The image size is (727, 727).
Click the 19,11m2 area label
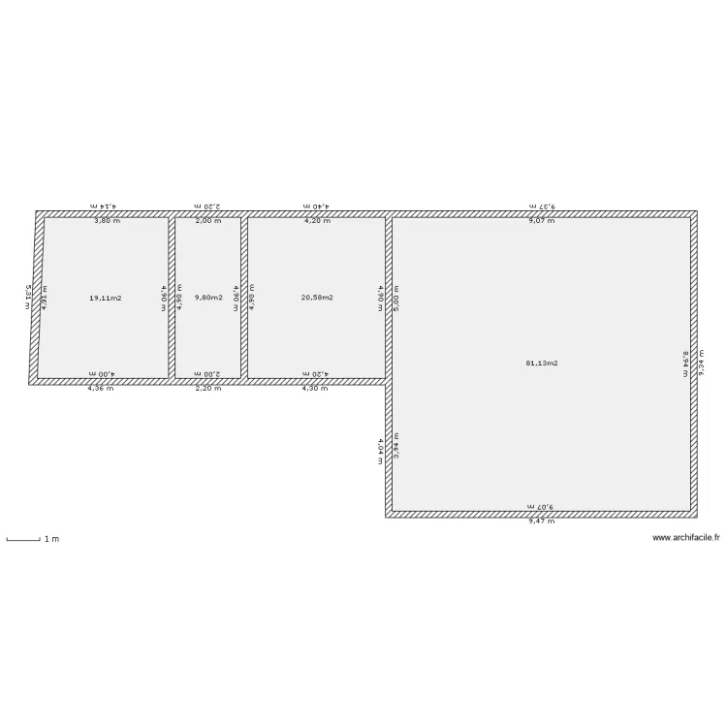tap(105, 298)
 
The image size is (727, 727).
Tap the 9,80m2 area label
tap(208, 298)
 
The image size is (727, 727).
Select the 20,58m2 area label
tap(317, 298)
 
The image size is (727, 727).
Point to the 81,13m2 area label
tap(542, 363)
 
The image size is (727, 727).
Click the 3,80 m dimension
tap(107, 221)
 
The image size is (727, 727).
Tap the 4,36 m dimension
tap(101, 389)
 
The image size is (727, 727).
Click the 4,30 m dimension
tap(314, 389)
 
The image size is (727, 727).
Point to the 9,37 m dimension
tap(541, 206)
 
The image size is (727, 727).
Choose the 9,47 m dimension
tap(541, 522)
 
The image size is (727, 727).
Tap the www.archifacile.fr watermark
tap(688, 538)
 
